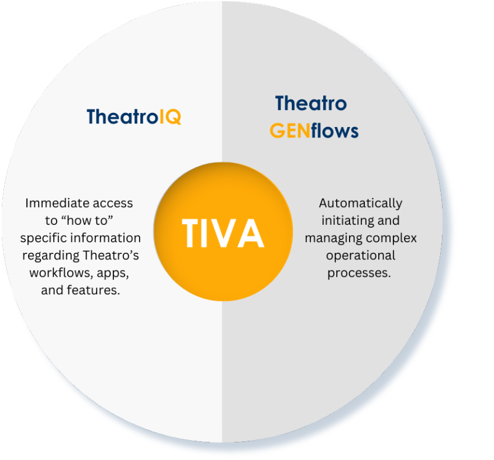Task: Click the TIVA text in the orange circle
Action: point(223,233)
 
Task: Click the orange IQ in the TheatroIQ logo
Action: point(170,117)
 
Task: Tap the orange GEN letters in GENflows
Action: point(290,131)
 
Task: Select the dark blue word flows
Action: point(334,131)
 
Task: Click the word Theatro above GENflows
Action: point(311,103)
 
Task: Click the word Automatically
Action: point(361,203)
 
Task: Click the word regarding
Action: point(51,256)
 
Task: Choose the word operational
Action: point(361,255)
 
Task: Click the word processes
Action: point(359,273)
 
